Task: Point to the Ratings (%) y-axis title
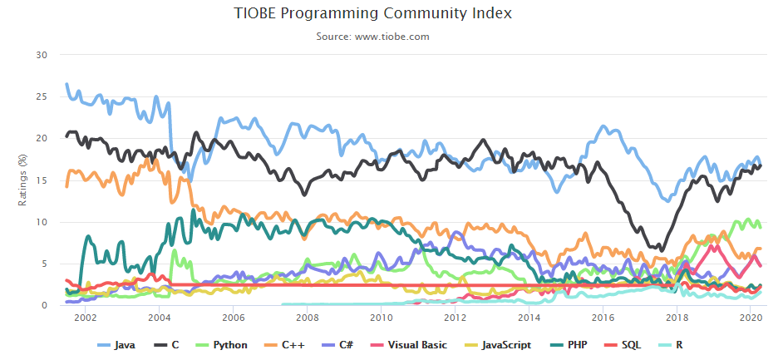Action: pos(22,180)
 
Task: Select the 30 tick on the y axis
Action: pos(42,55)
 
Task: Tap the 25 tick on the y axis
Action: pos(42,96)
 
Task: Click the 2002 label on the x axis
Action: pos(85,318)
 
